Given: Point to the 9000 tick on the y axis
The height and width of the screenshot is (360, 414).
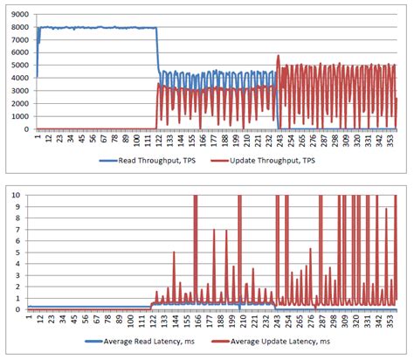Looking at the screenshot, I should click(x=17, y=14).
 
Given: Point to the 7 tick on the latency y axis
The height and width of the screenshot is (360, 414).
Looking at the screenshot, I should click(x=19, y=230).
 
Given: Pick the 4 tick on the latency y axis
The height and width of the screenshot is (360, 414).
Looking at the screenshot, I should click(x=19, y=264).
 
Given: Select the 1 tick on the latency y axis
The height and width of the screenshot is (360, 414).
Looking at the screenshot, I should click(x=19, y=298).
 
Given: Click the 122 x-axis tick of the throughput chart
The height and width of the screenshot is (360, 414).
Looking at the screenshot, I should click(x=155, y=140).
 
